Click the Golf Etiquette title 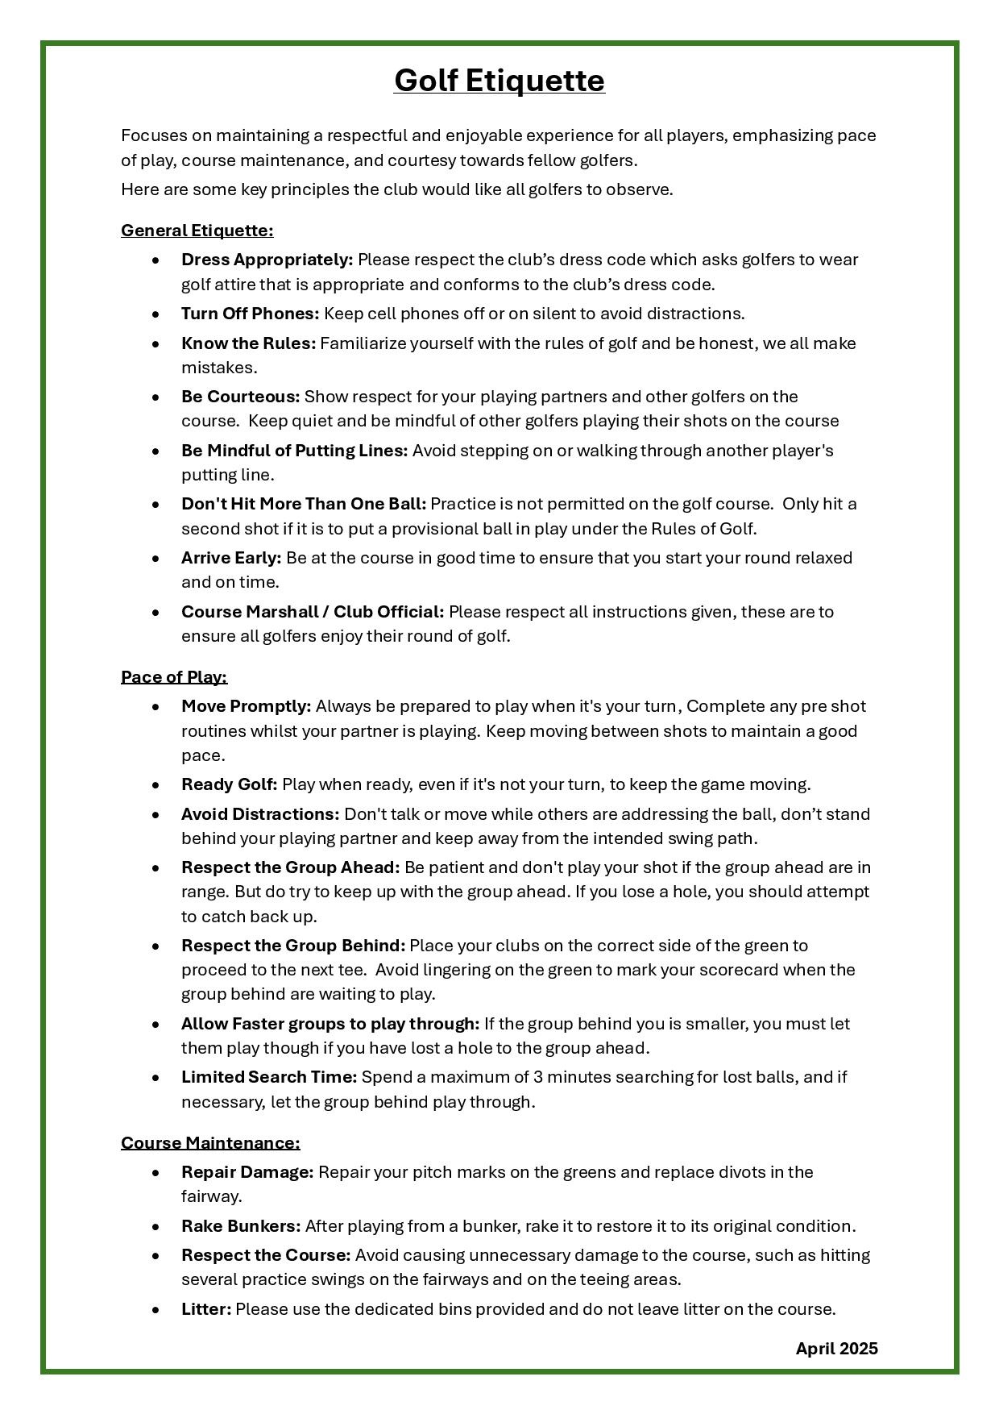(x=499, y=81)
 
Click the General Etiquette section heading (x=197, y=231)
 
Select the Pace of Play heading (x=174, y=677)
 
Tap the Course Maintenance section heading (x=210, y=1143)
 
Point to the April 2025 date (x=836, y=1349)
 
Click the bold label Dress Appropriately (x=267, y=260)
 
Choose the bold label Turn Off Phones (x=250, y=314)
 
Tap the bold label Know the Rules (x=248, y=343)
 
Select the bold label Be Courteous (x=240, y=397)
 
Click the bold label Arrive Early (x=231, y=558)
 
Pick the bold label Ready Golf (x=229, y=784)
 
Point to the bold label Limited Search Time (x=269, y=1077)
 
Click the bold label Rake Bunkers (x=241, y=1226)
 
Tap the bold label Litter (x=206, y=1309)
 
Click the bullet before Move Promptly (x=155, y=707)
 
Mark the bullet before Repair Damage (x=155, y=1173)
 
